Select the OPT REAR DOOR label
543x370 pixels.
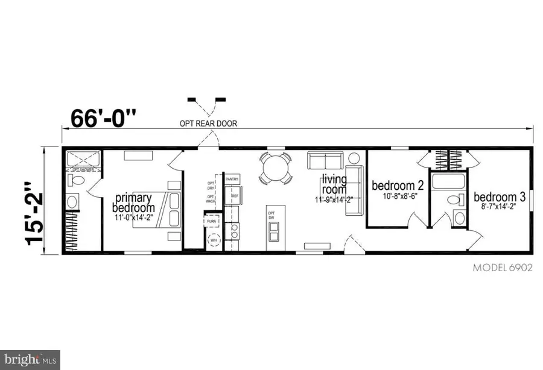pyautogui.click(x=208, y=124)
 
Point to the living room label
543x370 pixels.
pyautogui.click(x=334, y=185)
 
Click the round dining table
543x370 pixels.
pyautogui.click(x=276, y=168)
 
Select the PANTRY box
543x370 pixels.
pyautogui.click(x=232, y=180)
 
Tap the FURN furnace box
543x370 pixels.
pyautogui.click(x=212, y=222)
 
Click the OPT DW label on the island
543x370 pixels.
pyautogui.click(x=271, y=215)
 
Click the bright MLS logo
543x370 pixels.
pyautogui.click(x=30, y=359)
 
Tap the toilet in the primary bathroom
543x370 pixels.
pyautogui.click(x=72, y=201)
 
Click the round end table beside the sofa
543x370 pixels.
pyautogui.click(x=354, y=158)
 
